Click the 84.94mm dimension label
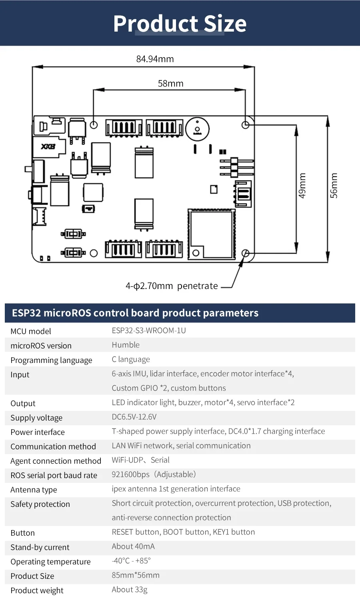(155, 59)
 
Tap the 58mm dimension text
(170, 83)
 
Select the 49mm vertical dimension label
(302, 185)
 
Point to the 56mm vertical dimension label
(334, 185)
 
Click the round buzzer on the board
(197, 129)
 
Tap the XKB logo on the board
(48, 147)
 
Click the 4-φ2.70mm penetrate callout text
(172, 286)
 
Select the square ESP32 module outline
(212, 234)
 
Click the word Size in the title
(225, 24)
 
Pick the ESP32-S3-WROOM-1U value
(149, 331)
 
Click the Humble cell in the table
(126, 345)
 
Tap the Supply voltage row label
(36, 418)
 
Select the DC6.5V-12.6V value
(134, 417)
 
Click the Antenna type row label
(34, 490)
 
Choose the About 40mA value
(133, 546)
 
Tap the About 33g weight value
(129, 590)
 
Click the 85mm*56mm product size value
(136, 575)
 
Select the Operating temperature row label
(50, 562)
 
